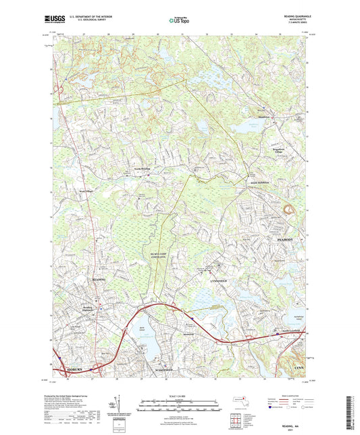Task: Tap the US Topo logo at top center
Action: click(x=180, y=20)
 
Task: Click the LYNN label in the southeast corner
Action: click(x=300, y=366)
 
